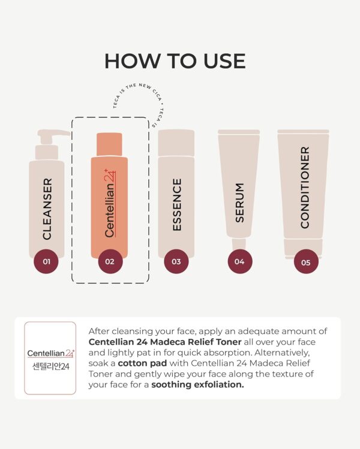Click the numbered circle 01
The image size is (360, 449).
[x=46, y=261]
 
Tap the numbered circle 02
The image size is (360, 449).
[x=110, y=261]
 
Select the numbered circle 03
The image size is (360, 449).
[x=176, y=261]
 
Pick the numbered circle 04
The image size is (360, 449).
[x=240, y=261]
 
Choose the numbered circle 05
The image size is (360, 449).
[x=306, y=262]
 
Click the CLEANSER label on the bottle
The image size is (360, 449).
[x=47, y=209]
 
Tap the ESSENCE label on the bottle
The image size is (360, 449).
[x=177, y=204]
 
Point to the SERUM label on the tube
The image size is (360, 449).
[x=239, y=203]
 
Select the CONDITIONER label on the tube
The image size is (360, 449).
[x=305, y=188]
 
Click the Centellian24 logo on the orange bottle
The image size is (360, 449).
[x=110, y=203]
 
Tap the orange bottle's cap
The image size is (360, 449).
[x=109, y=144]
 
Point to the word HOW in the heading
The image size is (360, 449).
[x=132, y=61]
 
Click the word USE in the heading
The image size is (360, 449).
[x=224, y=61]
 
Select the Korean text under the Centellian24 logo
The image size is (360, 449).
[x=51, y=366]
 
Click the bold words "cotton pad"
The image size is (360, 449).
[x=142, y=363]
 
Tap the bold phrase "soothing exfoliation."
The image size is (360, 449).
[x=197, y=385]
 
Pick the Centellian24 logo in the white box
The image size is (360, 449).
[x=51, y=353]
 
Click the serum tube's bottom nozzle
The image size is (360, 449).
[x=239, y=243]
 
